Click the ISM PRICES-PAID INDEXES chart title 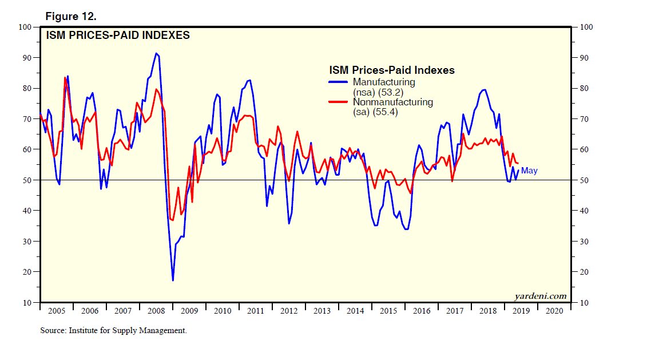117,35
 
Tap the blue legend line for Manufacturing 339,82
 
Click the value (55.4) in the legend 384,112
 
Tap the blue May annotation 529,171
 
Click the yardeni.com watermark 541,296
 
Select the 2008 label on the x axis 156,311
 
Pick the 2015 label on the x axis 388,311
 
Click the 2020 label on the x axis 554,311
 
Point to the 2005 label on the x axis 57,311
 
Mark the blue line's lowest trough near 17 173,280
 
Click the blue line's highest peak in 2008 156,53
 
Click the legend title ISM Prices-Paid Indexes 392,70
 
